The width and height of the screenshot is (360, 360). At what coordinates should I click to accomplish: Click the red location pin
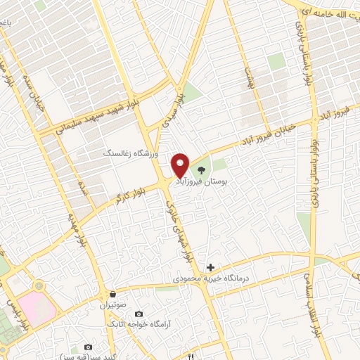(181, 166)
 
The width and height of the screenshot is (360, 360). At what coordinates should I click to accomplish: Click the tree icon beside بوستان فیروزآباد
(201, 169)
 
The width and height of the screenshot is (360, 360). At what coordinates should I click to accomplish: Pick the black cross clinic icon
(210, 268)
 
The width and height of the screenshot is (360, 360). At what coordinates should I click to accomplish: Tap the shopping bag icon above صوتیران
(113, 294)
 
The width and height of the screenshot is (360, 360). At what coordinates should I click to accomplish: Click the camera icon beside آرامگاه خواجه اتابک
(139, 313)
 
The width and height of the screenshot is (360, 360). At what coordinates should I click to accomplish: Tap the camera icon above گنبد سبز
(87, 347)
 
